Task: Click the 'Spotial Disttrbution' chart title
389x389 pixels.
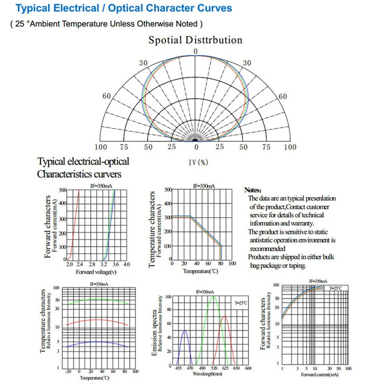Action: point(196,40)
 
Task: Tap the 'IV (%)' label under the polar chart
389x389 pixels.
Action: point(197,162)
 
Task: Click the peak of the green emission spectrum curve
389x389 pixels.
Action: point(213,297)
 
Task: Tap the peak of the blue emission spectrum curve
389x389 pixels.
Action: point(185,330)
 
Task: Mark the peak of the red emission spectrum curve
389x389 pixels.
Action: point(224,316)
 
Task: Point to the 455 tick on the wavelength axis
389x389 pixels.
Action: point(178,368)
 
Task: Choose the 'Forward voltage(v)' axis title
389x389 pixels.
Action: point(96,271)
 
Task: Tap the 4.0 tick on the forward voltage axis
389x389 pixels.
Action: point(126,265)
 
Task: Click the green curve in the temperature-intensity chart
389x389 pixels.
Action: point(93,299)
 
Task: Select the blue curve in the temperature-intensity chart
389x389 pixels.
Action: point(93,342)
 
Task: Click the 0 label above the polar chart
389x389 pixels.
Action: point(196,51)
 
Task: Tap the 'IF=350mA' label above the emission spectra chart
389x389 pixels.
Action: point(206,292)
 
